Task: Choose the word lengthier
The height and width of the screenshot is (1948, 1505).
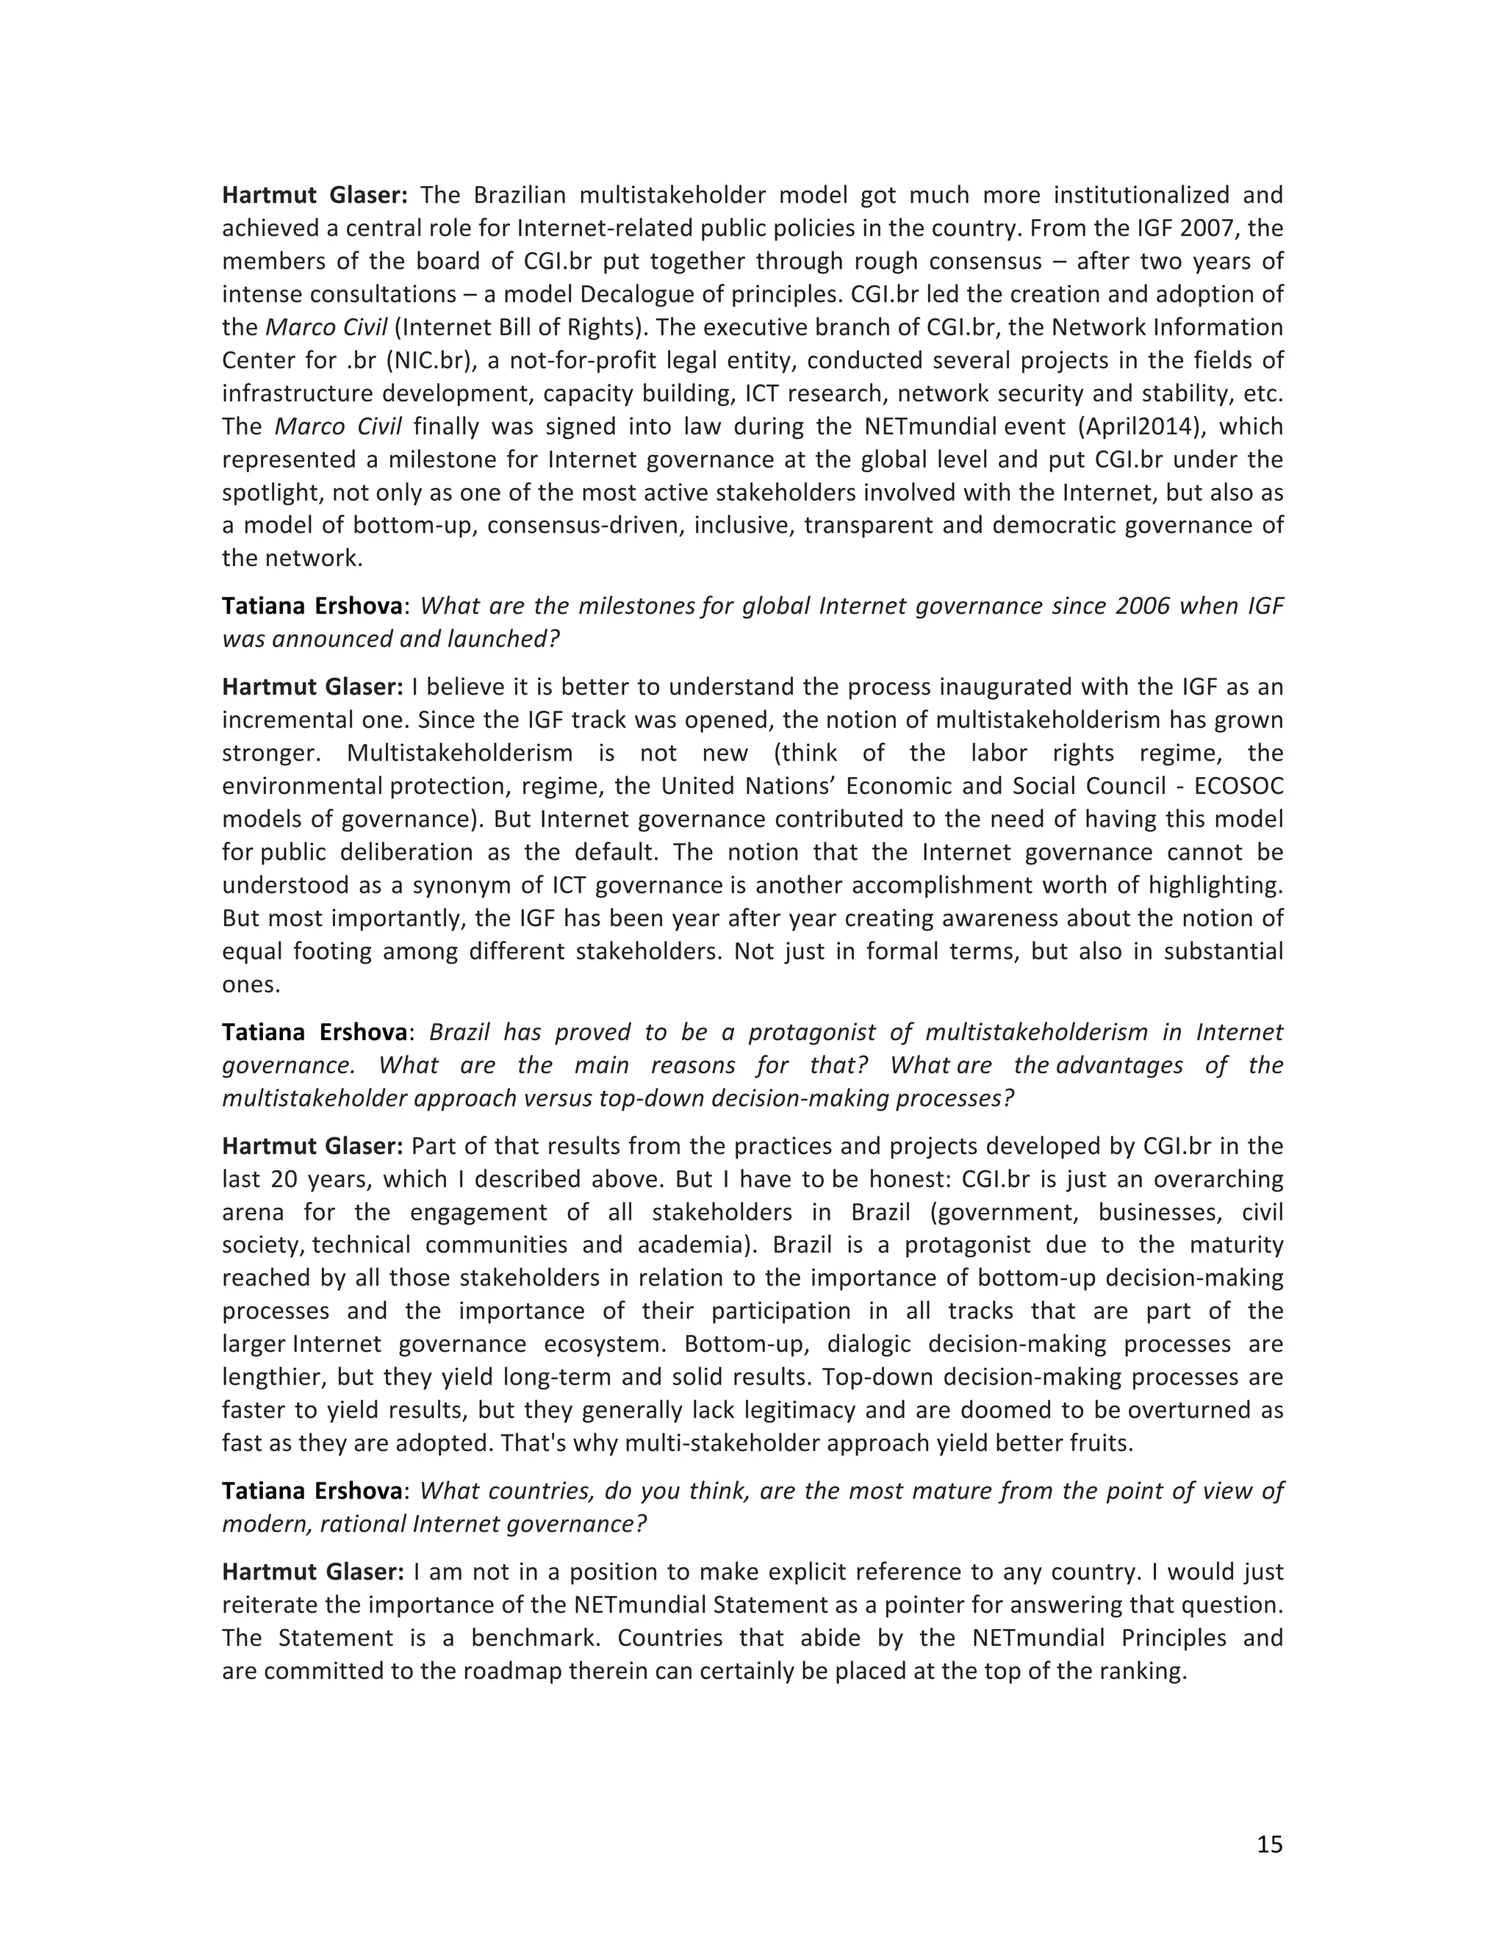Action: click(273, 1377)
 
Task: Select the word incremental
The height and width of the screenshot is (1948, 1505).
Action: click(284, 720)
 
